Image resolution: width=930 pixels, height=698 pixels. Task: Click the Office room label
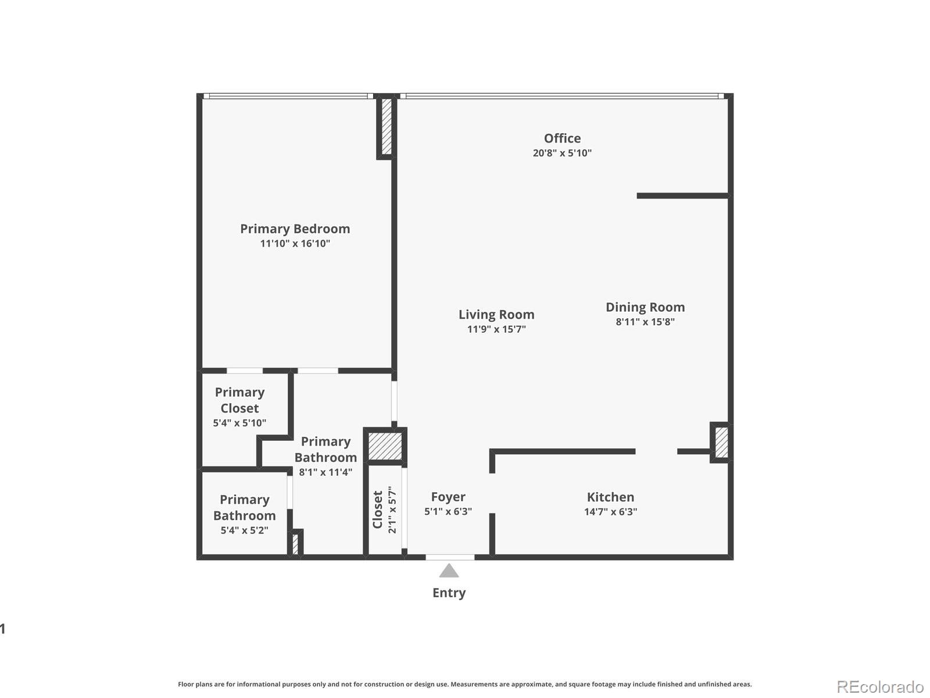[562, 138]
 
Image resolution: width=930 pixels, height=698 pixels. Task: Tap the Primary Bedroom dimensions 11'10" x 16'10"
[295, 244]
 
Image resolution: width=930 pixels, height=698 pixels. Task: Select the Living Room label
[496, 315]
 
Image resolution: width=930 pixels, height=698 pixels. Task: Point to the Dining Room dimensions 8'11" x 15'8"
[645, 322]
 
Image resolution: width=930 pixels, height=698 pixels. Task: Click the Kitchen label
[610, 497]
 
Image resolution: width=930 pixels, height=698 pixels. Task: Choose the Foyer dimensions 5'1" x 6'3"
[448, 512]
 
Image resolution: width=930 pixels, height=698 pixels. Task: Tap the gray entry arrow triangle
[449, 571]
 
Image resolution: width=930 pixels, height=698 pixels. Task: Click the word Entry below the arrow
[449, 593]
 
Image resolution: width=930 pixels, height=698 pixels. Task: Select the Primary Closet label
[239, 400]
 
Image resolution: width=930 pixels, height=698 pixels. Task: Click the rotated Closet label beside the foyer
[378, 510]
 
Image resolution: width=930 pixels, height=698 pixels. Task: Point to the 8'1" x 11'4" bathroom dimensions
[325, 472]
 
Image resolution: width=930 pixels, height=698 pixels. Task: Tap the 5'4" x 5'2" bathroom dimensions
[244, 530]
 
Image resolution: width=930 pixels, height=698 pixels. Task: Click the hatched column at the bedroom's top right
[387, 127]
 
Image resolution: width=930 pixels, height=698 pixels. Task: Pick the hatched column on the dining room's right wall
[721, 442]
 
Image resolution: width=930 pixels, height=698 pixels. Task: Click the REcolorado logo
[880, 687]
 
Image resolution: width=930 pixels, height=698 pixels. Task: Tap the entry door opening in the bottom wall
[450, 557]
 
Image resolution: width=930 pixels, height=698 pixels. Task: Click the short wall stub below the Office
[682, 196]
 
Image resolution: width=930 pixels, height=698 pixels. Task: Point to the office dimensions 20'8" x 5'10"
[562, 153]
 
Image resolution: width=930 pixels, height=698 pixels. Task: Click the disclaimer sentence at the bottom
[464, 684]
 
